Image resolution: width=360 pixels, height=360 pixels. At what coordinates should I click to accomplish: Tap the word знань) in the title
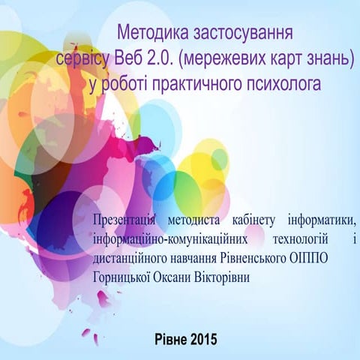pyautogui.click(x=328, y=58)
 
